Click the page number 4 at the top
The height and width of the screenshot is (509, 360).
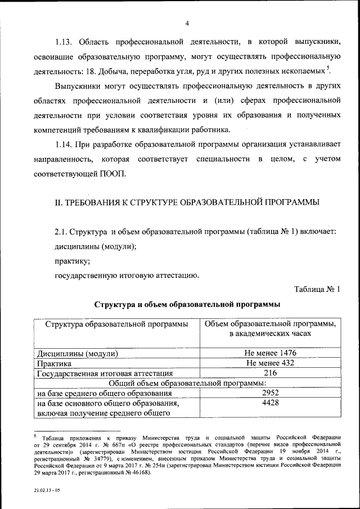click(187, 22)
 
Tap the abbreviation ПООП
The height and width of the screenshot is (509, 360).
click(113, 174)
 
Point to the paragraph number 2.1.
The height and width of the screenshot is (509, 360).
click(62, 232)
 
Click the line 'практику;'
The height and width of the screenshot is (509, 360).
click(72, 261)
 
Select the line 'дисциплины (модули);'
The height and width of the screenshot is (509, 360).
click(96, 246)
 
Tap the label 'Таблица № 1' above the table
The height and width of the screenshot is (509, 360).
click(318, 290)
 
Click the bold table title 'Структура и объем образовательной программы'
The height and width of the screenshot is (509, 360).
click(187, 305)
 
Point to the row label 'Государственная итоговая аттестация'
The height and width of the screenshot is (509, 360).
click(104, 373)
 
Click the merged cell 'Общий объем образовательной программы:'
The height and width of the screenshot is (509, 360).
click(187, 383)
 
